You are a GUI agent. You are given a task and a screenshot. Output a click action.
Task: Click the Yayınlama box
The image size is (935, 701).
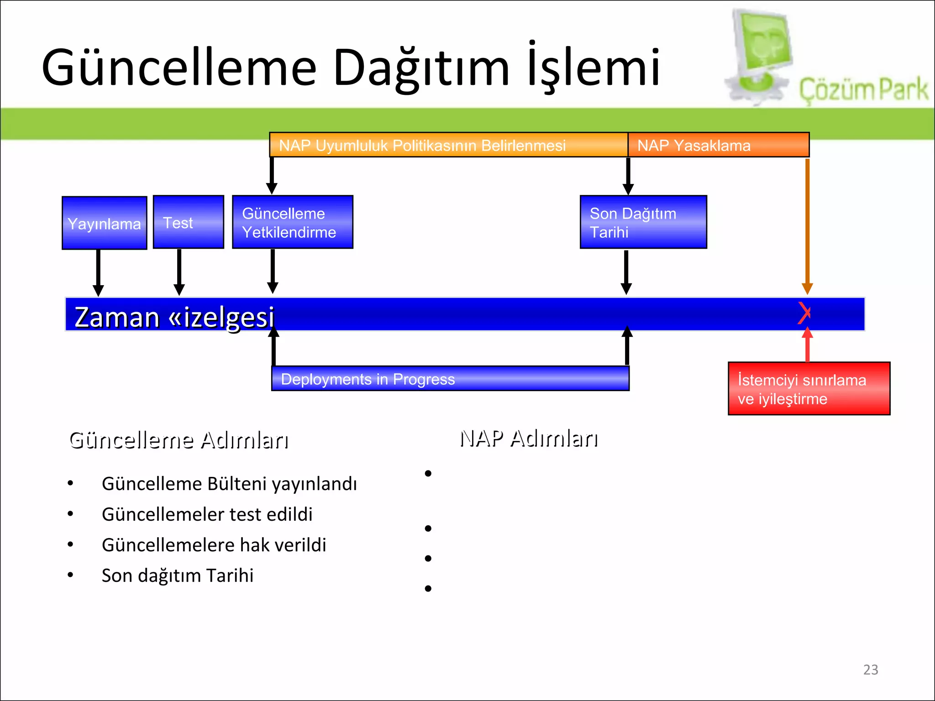pyautogui.click(x=104, y=223)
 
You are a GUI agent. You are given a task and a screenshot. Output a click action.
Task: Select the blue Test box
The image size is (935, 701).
pyautogui.click(x=188, y=222)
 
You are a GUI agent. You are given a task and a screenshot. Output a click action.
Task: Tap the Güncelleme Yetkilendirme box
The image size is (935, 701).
pyautogui.click(x=292, y=222)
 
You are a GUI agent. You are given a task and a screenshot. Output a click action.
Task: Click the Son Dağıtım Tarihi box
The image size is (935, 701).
pyautogui.click(x=643, y=222)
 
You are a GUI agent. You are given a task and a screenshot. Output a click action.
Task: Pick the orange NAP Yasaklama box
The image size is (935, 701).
pyautogui.click(x=718, y=145)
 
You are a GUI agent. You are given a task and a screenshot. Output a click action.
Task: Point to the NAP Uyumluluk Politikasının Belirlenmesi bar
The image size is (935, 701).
pyautogui.click(x=448, y=145)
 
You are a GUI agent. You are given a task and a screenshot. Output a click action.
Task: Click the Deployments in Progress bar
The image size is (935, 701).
pyautogui.click(x=450, y=379)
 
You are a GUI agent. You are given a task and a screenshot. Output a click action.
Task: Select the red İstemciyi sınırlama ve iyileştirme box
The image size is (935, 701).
pyautogui.click(x=809, y=389)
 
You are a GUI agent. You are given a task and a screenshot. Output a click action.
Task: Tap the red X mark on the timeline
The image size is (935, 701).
pyautogui.click(x=804, y=313)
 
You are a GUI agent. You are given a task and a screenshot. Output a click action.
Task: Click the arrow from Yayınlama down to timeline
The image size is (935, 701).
pyautogui.click(x=98, y=272)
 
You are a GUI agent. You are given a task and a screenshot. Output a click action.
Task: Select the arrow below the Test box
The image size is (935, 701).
pyautogui.click(x=179, y=272)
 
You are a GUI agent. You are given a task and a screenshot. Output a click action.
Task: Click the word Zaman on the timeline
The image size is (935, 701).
pyautogui.click(x=117, y=317)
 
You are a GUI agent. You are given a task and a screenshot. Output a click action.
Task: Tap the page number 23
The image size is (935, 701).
pyautogui.click(x=870, y=670)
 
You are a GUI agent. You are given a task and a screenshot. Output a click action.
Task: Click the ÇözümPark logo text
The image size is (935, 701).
pyautogui.click(x=863, y=89)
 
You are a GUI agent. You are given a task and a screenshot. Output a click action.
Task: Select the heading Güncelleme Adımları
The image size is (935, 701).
pyautogui.click(x=179, y=440)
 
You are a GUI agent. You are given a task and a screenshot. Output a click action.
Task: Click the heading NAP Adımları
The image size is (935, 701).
pyautogui.click(x=529, y=439)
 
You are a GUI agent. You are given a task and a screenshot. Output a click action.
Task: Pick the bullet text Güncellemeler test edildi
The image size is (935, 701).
pyautogui.click(x=207, y=514)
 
